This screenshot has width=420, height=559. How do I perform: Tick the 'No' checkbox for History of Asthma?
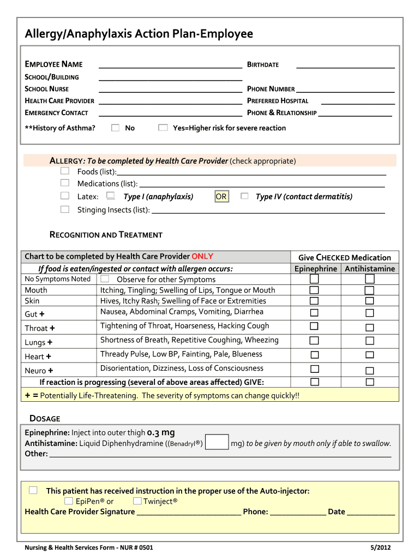click(x=115, y=128)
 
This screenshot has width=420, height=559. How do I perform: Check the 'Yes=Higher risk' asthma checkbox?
click(x=163, y=128)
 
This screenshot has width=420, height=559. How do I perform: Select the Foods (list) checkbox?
click(x=65, y=171)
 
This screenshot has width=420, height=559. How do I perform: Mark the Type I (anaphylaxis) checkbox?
click(x=111, y=196)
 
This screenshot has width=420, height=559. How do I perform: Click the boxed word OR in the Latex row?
click(x=221, y=197)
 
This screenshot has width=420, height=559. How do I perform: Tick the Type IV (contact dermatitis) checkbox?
click(x=244, y=196)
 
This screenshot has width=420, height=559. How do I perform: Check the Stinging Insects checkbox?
click(x=65, y=209)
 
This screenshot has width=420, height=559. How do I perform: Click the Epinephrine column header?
click(x=315, y=269)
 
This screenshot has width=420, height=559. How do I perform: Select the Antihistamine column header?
click(x=369, y=269)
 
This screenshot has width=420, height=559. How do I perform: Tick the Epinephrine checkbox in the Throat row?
click(x=314, y=326)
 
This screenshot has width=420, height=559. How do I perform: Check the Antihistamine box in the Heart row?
click(x=369, y=355)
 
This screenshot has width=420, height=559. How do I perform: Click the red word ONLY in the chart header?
click(x=202, y=256)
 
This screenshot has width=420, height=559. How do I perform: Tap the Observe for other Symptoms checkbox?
click(x=105, y=279)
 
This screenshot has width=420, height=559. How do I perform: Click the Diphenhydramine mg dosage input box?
click(x=218, y=442)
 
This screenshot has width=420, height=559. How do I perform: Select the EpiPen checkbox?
click(x=68, y=501)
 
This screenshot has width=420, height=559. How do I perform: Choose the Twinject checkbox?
click(x=137, y=501)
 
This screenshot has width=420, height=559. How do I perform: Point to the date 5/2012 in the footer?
click(x=380, y=548)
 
